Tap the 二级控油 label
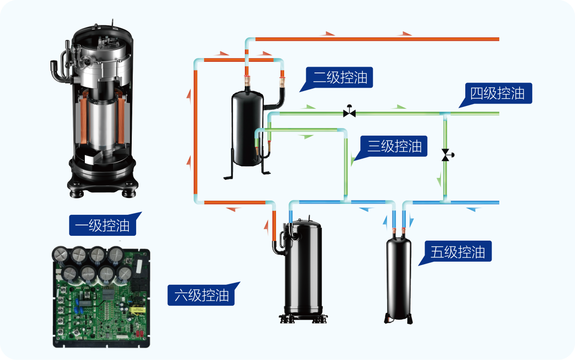click(340, 78)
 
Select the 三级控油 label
click(394, 146)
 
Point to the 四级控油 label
click(497, 93)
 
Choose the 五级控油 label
click(458, 252)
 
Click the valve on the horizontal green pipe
click(349, 113)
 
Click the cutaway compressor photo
click(98, 108)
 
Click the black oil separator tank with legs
click(247, 127)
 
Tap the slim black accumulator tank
click(399, 276)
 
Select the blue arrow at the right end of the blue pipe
click(473, 209)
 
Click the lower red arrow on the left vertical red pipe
click(188, 165)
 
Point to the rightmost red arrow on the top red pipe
click(406, 34)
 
